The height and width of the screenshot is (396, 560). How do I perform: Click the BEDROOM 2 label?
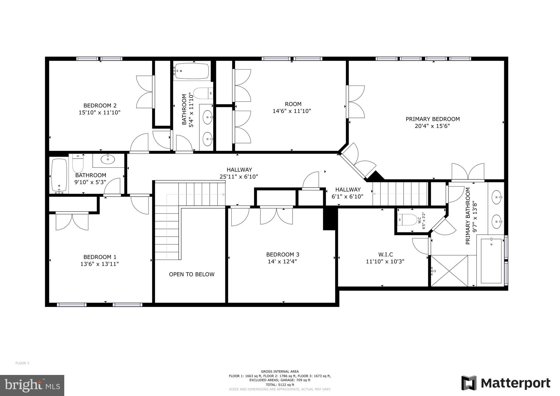[100, 106]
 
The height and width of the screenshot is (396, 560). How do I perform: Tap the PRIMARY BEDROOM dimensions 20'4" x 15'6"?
[432, 126]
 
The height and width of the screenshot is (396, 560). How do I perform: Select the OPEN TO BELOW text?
[192, 274]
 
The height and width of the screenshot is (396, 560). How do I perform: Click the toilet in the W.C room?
[408, 220]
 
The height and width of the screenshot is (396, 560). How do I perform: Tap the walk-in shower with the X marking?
[450, 271]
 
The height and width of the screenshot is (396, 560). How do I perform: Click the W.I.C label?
[385, 254]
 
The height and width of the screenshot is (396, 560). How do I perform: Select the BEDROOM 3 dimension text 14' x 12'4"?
[282, 261]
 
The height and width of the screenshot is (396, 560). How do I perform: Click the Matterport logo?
[506, 383]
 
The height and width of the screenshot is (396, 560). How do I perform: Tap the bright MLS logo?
[32, 385]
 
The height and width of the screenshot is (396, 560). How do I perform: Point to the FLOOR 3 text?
[22, 363]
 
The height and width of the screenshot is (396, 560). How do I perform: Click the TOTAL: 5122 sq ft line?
[280, 385]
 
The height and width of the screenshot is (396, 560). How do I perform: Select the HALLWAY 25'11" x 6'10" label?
[239, 173]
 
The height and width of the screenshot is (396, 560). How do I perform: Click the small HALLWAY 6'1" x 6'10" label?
[348, 193]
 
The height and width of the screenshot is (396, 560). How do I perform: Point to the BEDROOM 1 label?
[100, 257]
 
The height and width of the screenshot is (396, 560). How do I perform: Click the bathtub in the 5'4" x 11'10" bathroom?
[192, 71]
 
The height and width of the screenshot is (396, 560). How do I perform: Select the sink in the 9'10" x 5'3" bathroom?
[108, 159]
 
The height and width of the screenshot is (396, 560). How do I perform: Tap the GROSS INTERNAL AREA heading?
[280, 371]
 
